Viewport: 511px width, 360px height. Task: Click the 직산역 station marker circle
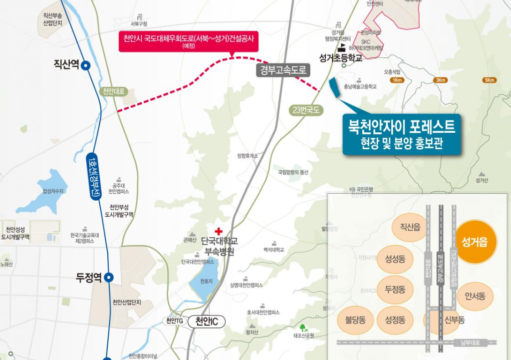click(x=86, y=64)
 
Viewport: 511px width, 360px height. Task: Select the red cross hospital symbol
click(x=218, y=231)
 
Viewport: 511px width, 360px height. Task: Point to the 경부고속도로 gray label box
click(x=282, y=70)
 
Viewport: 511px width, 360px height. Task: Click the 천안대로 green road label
click(x=114, y=91)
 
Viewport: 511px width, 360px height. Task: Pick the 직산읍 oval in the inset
click(x=410, y=228)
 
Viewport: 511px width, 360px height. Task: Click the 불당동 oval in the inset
click(x=355, y=320)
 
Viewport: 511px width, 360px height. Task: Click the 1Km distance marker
click(x=398, y=80)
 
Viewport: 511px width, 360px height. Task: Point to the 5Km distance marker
click(x=489, y=80)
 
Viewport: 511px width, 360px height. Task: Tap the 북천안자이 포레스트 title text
click(x=402, y=126)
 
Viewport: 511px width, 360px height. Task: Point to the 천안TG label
click(x=174, y=321)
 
